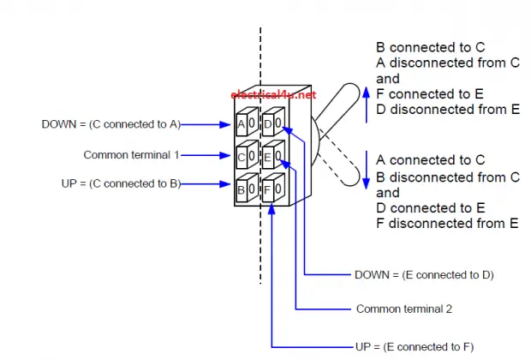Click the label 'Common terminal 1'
coord(131,155)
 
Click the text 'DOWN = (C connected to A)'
coord(110,124)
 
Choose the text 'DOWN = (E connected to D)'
coord(423,275)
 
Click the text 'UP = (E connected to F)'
coord(414,346)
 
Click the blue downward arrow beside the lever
coord(367,166)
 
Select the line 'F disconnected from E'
coord(447,224)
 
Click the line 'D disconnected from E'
coord(448,110)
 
